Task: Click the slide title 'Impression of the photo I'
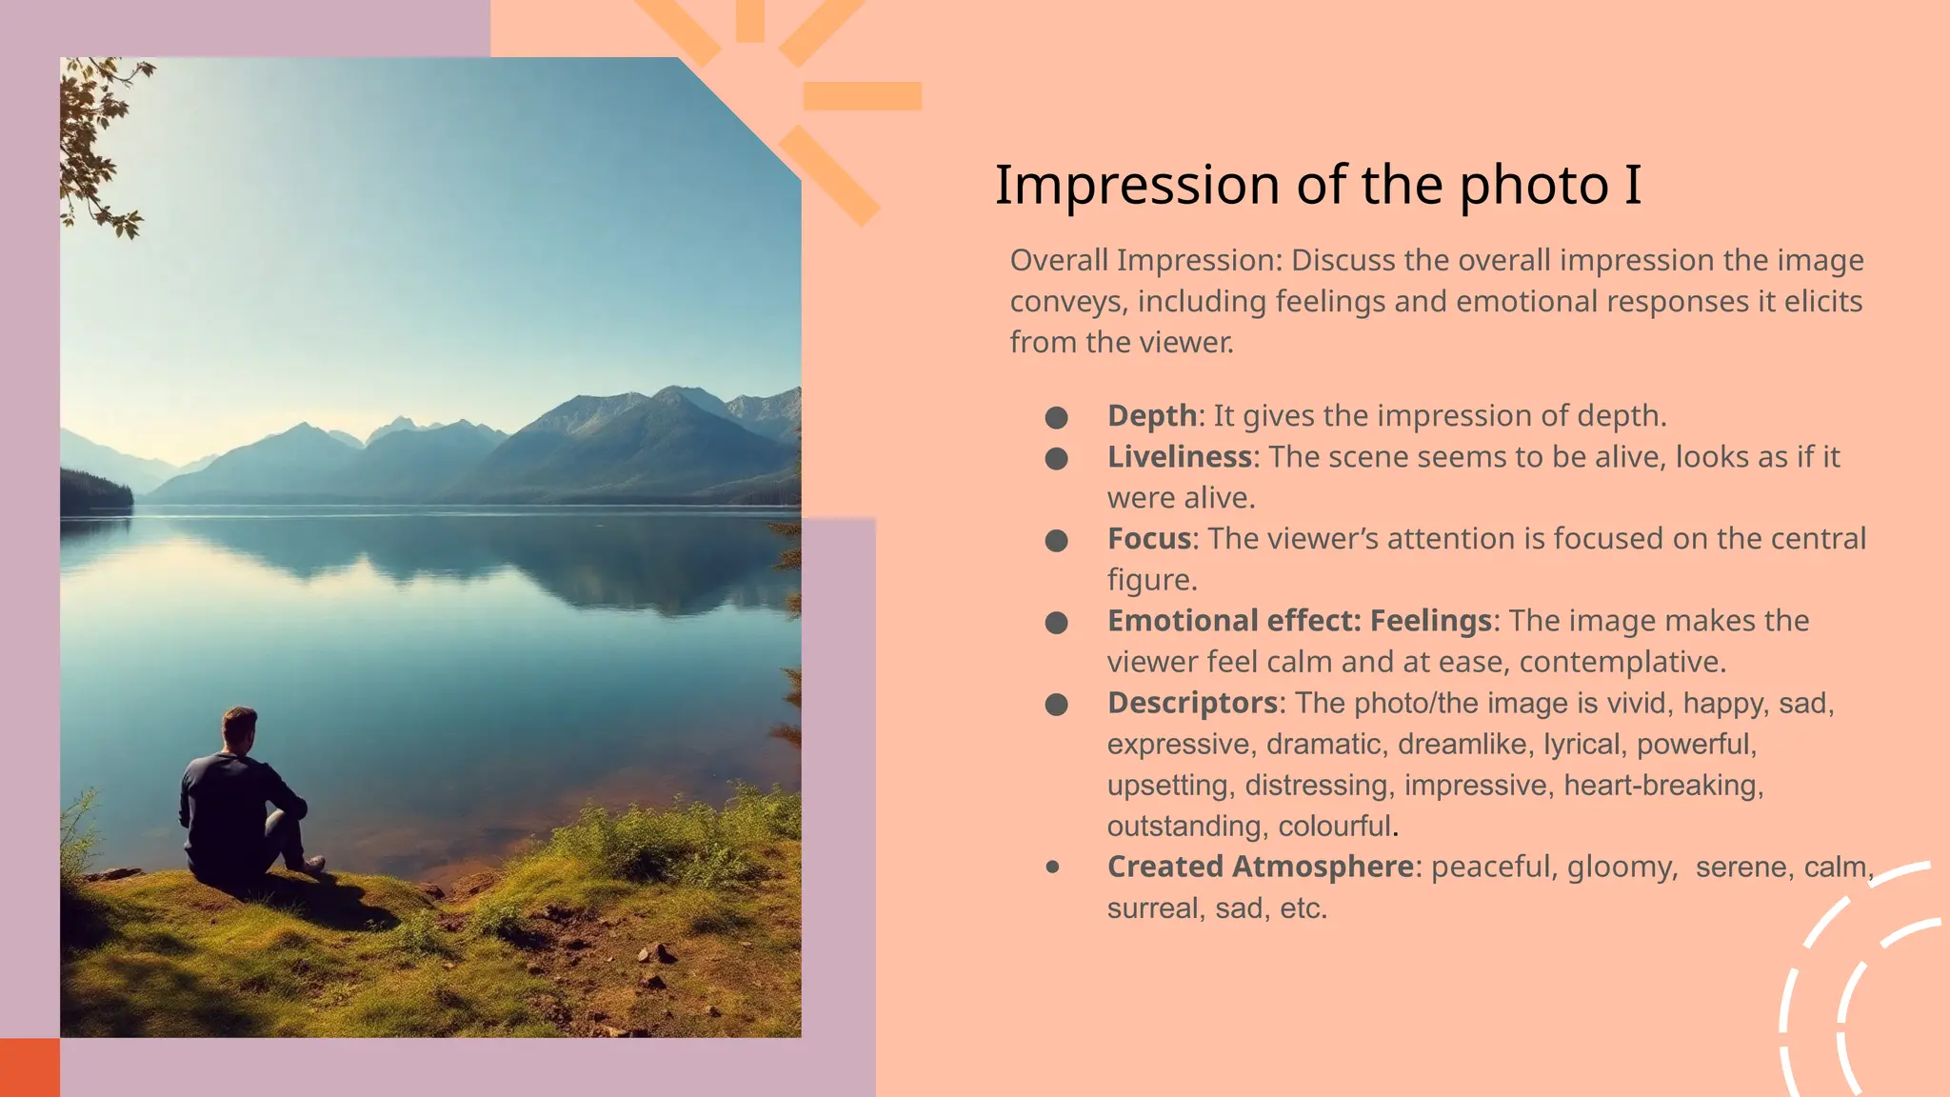1318,185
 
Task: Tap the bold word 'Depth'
1152,416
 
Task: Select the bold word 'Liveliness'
1179,457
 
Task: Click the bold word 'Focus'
1149,539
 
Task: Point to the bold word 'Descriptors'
1191,703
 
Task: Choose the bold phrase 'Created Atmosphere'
1260,867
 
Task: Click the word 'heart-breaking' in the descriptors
1662,786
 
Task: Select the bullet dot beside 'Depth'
1056,417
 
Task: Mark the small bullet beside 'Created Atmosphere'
1052,867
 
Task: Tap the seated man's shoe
312,865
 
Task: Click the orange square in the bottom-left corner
29,1067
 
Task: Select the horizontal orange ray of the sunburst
862,96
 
